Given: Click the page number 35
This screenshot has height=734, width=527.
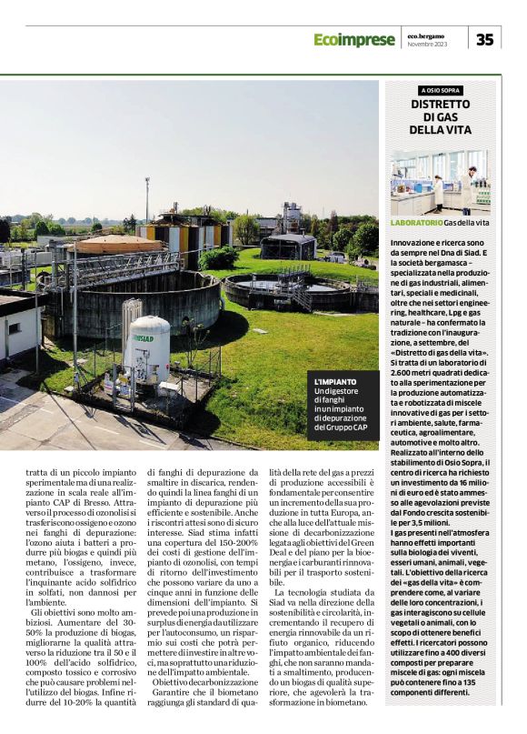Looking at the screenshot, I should coord(485,39).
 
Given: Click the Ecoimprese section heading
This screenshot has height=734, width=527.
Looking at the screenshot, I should coord(353,39).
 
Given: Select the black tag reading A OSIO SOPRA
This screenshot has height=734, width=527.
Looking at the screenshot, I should coord(440,91).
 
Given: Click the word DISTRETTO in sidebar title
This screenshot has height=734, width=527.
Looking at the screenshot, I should coord(440,105).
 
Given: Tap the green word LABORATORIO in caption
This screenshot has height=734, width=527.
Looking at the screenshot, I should coord(416,223).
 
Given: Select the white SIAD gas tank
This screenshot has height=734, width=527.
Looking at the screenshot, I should coord(148,350).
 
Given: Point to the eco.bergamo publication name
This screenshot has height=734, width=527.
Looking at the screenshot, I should coord(426,35).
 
